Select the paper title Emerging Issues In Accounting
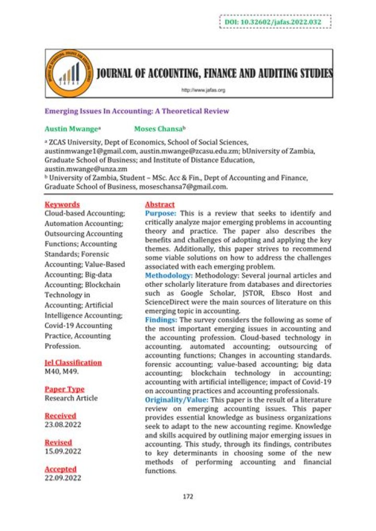click(x=136, y=111)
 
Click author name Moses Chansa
click(x=160, y=128)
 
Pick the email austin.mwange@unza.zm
click(x=86, y=169)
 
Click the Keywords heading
click(x=62, y=204)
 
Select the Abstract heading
click(x=160, y=204)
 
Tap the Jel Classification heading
click(x=73, y=363)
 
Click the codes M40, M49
click(x=62, y=372)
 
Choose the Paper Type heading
click(x=64, y=389)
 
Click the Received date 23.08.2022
click(x=63, y=425)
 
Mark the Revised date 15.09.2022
click(x=63, y=451)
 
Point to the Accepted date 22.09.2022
click(x=63, y=478)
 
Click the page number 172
click(x=188, y=496)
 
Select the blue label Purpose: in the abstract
click(x=160, y=213)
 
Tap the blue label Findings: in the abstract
click(x=161, y=319)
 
